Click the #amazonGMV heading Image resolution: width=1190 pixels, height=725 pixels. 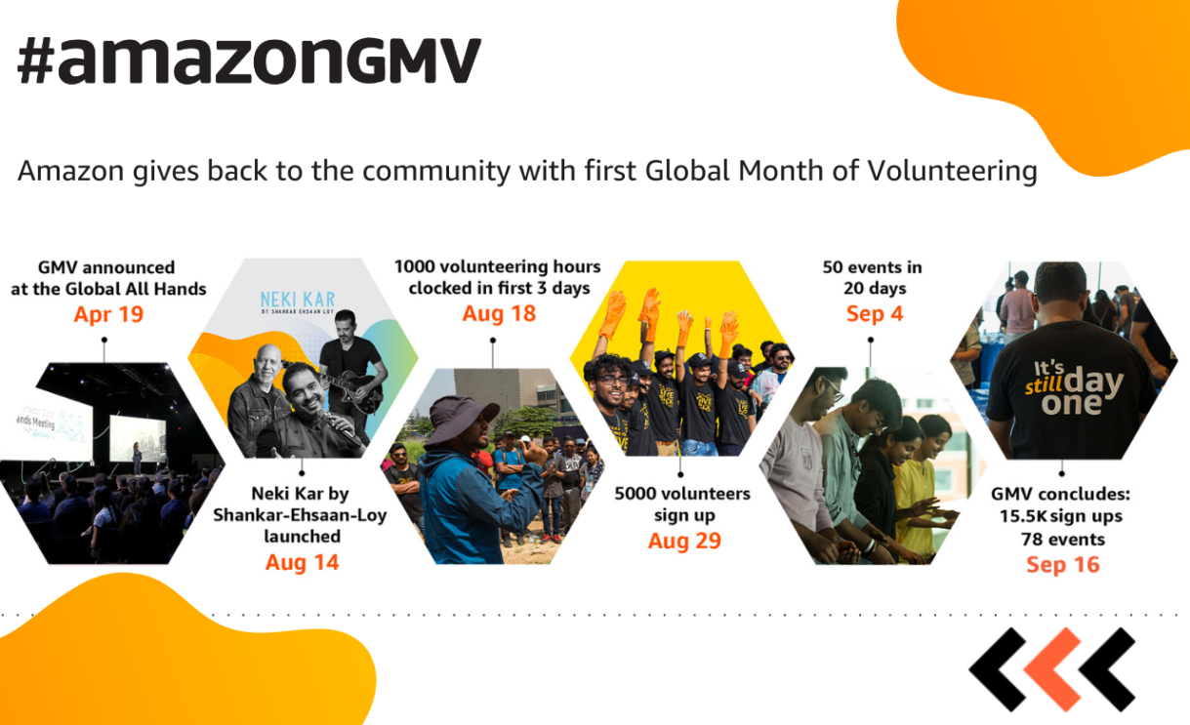[x=249, y=60]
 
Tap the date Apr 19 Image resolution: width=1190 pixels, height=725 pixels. [x=108, y=314]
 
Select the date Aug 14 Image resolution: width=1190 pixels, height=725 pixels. [x=302, y=562]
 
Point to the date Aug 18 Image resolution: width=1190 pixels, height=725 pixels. [x=499, y=313]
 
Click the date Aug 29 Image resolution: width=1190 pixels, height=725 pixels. [x=684, y=541]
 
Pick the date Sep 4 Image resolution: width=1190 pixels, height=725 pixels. [x=875, y=313]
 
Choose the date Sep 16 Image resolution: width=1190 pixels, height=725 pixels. [x=1062, y=565]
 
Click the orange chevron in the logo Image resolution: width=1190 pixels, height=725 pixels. [x=1053, y=669]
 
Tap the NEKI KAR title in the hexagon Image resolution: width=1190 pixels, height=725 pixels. [x=298, y=299]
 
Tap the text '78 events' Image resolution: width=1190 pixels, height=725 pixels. [x=1062, y=539]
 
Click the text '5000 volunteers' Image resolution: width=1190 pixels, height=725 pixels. [x=682, y=494]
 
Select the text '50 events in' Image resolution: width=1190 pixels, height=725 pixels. [x=873, y=266]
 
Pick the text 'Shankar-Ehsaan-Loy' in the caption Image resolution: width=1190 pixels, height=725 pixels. [x=300, y=515]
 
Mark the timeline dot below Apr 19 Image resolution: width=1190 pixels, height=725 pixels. [x=104, y=340]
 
